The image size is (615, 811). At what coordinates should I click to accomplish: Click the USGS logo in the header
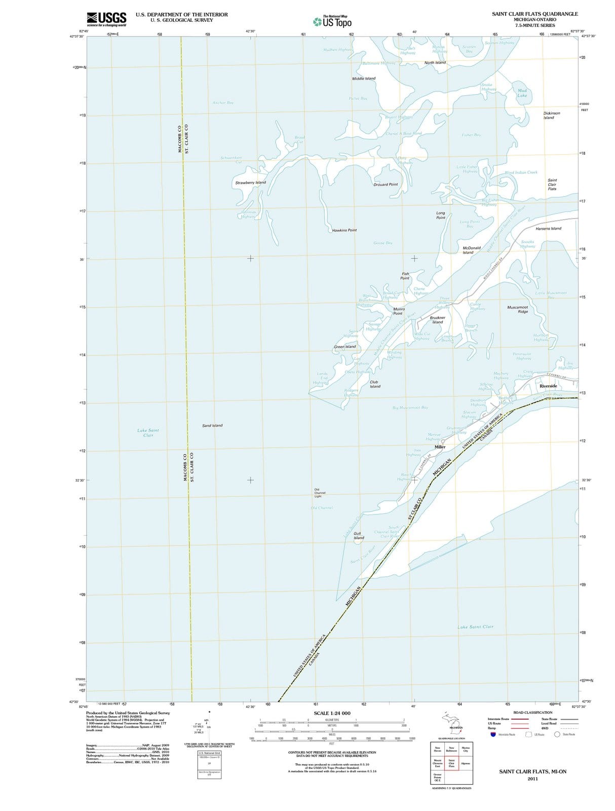click(x=106, y=19)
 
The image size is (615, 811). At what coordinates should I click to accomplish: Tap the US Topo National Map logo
click(x=332, y=22)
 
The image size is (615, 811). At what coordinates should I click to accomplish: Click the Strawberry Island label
click(x=250, y=182)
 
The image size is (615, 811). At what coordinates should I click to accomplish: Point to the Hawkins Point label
click(x=344, y=230)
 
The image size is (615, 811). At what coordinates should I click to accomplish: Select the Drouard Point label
click(x=386, y=185)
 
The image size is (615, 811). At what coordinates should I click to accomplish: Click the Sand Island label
click(x=212, y=426)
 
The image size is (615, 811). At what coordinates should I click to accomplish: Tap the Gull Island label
click(x=359, y=536)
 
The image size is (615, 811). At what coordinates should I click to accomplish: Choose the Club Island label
click(x=375, y=384)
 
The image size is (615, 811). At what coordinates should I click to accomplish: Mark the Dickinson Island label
click(x=552, y=116)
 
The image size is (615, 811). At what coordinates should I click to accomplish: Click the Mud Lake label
click(x=522, y=93)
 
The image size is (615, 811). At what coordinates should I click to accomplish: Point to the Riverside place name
click(x=548, y=386)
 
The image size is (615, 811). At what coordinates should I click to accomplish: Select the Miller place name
click(x=440, y=447)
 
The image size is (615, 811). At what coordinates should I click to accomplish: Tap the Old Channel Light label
click(x=320, y=493)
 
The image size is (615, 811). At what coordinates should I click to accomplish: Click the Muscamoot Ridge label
click(x=518, y=309)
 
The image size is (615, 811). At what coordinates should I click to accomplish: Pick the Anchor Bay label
click(x=223, y=103)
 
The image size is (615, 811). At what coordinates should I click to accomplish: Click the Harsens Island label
click(x=549, y=229)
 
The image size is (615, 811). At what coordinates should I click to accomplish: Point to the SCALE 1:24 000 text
click(x=332, y=713)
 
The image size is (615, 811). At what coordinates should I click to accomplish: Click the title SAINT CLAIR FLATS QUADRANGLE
click(x=534, y=14)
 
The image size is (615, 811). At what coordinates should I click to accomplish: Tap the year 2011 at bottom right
click(x=532, y=779)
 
